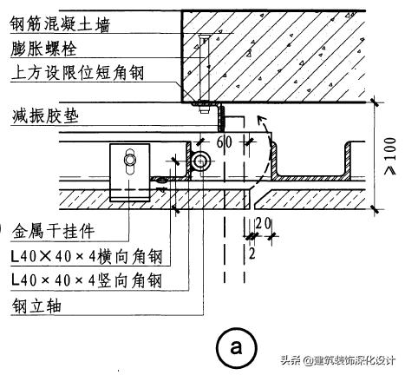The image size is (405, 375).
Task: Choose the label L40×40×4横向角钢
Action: point(86,257)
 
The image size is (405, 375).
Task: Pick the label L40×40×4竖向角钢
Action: point(86,280)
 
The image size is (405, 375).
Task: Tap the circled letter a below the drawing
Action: point(234,347)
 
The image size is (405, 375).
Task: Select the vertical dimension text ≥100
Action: point(389,155)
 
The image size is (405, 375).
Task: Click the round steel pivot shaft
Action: point(202,161)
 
